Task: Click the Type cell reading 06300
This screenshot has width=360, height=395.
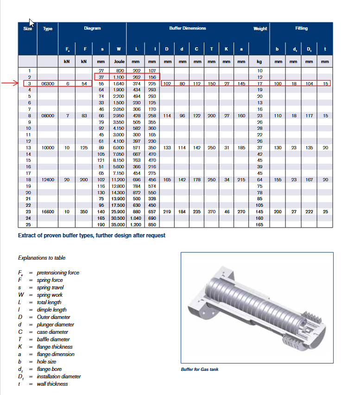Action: tap(48, 83)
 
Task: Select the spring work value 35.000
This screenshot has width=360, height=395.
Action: tap(118, 225)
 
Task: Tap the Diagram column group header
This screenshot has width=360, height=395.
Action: tap(92, 28)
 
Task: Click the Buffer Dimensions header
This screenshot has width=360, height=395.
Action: tap(188, 28)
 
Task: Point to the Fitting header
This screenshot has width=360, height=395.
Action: tap(301, 28)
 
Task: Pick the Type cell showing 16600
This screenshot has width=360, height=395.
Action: tap(48, 211)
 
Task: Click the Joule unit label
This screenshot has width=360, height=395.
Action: tap(119, 62)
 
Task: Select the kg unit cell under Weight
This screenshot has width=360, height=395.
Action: tap(259, 62)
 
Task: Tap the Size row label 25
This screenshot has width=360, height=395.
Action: tap(28, 225)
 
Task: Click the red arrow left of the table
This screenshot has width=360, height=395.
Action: tap(10, 83)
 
